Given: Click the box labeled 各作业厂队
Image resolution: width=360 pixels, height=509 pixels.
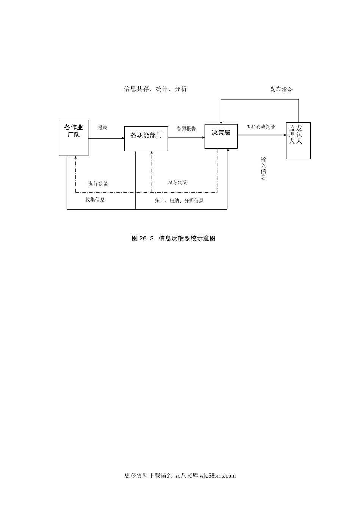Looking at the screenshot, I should pos(74,138).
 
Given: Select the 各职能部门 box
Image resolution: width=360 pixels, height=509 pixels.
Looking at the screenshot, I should pos(146,139).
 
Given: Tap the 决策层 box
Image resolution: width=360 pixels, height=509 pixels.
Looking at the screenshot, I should pos(221,136).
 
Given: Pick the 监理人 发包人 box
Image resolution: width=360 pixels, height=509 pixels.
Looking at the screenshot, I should pos(298,141).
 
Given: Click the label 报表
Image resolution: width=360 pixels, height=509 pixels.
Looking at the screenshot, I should pos(102,128).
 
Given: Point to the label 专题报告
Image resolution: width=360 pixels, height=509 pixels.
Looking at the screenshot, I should pos(186,129).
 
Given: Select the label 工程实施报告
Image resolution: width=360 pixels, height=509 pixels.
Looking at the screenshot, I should pos(261,127).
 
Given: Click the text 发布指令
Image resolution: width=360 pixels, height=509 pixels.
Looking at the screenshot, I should pos(281,89).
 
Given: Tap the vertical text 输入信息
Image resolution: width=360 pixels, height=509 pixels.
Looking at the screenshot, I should pos(263,168).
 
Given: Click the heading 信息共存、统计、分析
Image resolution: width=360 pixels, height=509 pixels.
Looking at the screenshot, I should pos(155,89).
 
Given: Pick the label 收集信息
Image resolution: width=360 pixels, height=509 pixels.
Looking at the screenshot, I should pos(95,200).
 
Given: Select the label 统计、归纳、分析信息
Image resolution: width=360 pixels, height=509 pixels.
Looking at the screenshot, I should pos(179,201).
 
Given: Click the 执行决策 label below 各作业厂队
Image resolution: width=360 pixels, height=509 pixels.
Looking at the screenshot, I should pos(98,184).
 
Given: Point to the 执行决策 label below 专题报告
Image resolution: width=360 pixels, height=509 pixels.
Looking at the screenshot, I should pos(177,183).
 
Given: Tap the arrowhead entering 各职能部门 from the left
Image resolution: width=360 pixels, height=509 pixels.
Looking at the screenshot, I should pos(123,139).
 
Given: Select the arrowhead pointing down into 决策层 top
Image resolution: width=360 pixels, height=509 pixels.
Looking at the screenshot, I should pos(221,123).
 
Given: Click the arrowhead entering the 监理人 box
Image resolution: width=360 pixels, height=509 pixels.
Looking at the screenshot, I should pos(285,135).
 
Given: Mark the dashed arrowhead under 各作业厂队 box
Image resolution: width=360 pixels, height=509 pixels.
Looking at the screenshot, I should pos(75,157).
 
